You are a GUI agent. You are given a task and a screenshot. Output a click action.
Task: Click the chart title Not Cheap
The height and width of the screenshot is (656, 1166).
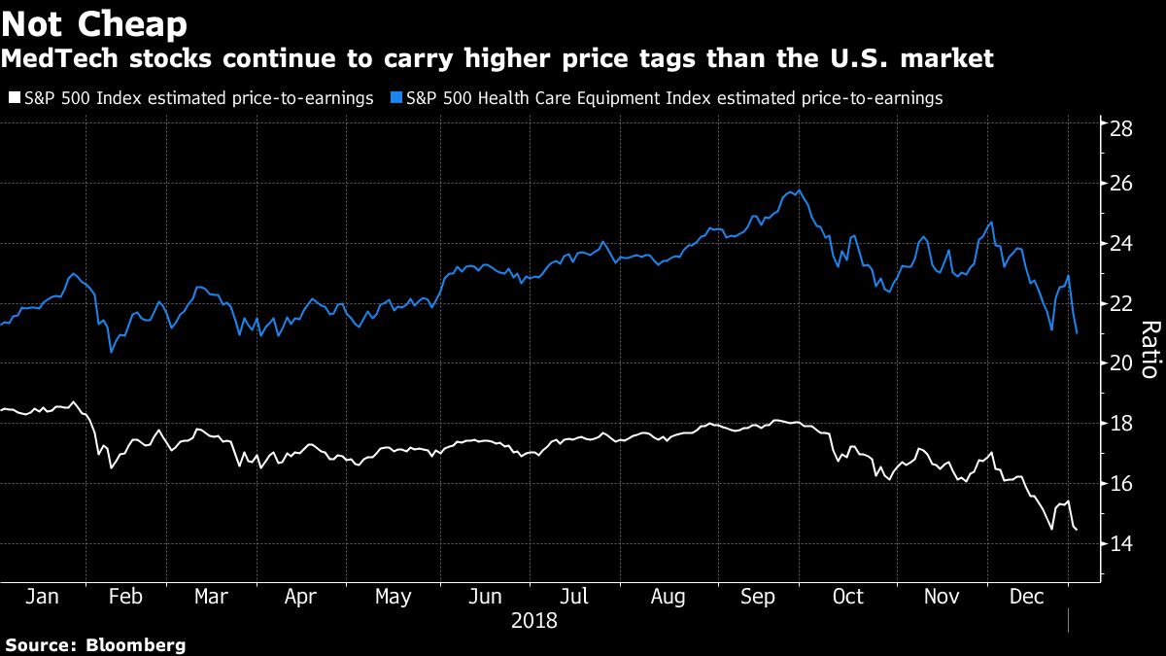pos(94,22)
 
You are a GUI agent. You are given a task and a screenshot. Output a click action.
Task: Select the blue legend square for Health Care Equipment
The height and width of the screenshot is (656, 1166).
pos(394,98)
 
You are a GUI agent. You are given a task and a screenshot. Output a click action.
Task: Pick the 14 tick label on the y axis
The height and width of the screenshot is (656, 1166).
pos(1122,544)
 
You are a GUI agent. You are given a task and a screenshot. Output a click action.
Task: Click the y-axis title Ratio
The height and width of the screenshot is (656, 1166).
pos(1148,349)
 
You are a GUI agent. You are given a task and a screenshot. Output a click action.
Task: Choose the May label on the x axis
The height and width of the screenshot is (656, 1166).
pos(393,597)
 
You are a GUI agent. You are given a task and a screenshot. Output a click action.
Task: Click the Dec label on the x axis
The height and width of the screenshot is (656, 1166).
pos(1027,597)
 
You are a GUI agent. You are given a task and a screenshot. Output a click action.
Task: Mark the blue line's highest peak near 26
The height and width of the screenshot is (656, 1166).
pos(799,190)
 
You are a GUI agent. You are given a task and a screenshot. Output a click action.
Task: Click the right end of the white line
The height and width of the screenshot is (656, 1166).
pos(1077,530)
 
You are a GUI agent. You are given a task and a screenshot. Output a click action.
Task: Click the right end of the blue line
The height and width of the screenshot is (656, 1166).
pos(1077,333)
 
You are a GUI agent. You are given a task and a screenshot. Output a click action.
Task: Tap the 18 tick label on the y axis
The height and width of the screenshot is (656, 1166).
pos(1122,424)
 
